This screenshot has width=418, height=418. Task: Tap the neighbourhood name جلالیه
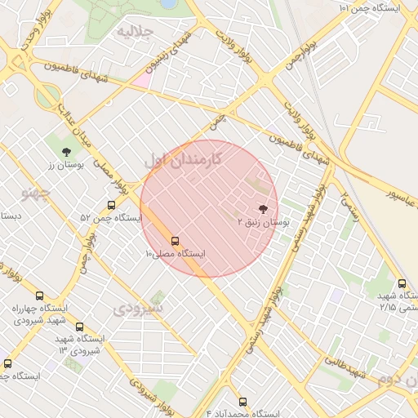[135, 33]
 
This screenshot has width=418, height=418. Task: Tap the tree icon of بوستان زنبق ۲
[262, 209]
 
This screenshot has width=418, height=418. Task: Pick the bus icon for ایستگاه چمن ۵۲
[111, 206]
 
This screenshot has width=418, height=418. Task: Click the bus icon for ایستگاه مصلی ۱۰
[175, 241]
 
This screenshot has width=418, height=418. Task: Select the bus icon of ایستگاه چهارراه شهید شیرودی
[38, 296]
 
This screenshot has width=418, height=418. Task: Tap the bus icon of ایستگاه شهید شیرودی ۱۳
[79, 327]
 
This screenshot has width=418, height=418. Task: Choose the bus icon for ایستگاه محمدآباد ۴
[242, 402]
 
